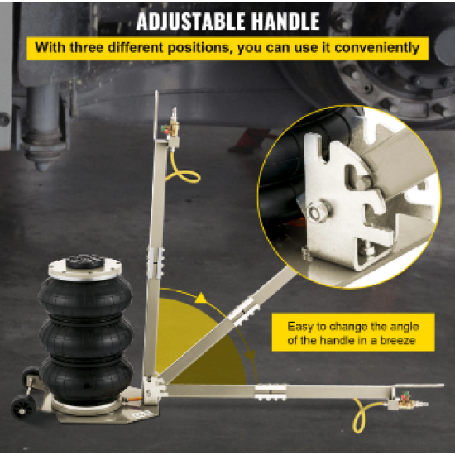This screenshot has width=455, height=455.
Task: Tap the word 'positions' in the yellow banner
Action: (200, 48)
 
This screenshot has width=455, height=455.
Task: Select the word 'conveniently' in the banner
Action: (376, 48)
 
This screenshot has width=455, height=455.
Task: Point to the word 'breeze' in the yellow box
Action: (398, 340)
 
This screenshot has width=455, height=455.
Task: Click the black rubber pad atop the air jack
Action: (84, 261)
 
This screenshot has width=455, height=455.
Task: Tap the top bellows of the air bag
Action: (85, 296)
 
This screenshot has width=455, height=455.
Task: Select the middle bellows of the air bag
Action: (86, 337)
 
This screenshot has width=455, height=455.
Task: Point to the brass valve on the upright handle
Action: (172, 127)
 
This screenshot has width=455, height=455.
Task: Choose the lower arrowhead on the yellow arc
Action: (251, 356)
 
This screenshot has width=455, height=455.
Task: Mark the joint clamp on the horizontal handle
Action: (271, 392)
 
